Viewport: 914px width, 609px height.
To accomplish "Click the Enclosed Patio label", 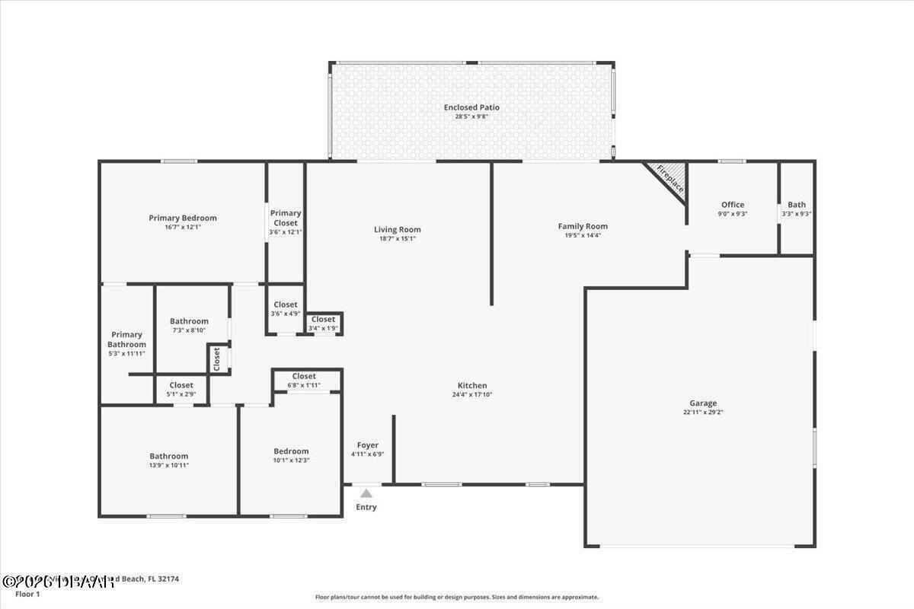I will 471,107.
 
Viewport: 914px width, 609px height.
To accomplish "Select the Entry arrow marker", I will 366,493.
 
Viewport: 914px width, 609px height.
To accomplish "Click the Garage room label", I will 703,403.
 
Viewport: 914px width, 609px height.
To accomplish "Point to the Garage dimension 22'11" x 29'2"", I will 703,413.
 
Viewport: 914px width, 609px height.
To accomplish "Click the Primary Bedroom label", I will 183,218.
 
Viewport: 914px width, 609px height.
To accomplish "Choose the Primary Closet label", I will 286,218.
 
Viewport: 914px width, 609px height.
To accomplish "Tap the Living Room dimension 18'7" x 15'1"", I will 398,238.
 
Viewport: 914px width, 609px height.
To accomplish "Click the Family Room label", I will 583,226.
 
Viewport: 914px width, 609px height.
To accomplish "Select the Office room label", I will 733,205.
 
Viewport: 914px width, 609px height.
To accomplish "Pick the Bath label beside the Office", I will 797,205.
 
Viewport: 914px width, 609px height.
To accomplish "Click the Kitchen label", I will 472,385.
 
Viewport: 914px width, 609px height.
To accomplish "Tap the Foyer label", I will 368,445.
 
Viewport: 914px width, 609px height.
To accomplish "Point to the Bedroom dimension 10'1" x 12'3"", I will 291,461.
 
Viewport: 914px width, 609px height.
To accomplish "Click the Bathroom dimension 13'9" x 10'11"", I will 168,465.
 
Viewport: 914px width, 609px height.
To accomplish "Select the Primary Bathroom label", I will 127,340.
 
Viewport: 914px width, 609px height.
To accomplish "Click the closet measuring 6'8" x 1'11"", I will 304,381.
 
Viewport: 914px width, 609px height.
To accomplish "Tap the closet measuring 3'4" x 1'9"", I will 323,324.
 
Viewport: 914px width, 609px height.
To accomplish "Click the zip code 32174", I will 167,579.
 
